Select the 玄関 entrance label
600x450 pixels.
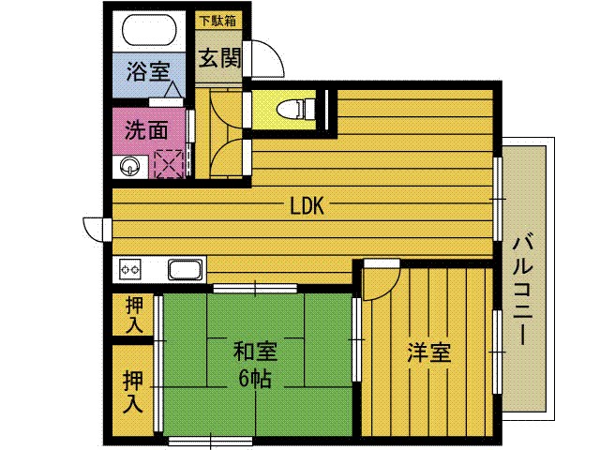(x=219, y=58)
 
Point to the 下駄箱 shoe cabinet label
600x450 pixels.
(x=217, y=19)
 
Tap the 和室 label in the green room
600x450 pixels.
(x=255, y=353)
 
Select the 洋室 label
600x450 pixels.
(x=429, y=353)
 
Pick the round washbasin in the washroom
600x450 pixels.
(x=128, y=167)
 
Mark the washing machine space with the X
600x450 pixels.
(x=171, y=165)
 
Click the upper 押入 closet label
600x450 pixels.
(x=135, y=315)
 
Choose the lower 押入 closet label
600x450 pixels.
(x=134, y=392)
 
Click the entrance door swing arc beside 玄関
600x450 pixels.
(x=263, y=61)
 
